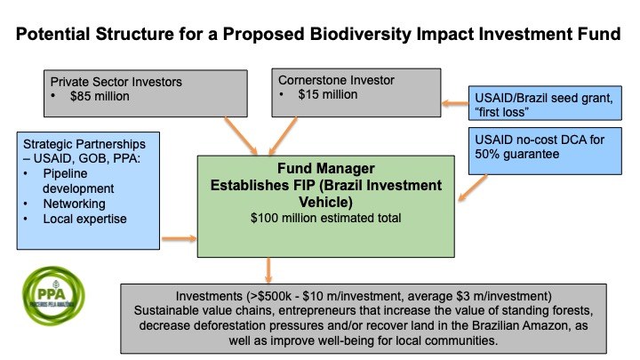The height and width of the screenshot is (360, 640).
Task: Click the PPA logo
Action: pos(53,296)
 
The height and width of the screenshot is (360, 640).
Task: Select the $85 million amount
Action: pos(100,96)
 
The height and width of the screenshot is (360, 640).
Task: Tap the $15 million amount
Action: pos(328,95)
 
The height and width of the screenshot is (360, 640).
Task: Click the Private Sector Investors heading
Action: pos(116,82)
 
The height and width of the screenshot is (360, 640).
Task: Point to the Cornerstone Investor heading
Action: pos(336,80)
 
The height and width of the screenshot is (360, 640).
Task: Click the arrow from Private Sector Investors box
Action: pos(241,136)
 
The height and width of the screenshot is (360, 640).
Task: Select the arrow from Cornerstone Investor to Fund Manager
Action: pos(283,136)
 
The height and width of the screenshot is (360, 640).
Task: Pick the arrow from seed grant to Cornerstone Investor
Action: pos(455,103)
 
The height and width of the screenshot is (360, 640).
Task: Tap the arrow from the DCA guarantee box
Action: pos(473,188)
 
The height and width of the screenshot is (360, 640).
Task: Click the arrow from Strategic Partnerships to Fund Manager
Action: pos(180,238)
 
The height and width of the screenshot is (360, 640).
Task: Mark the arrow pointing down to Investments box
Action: pos(268,270)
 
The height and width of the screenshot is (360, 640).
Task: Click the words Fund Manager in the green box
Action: pos(325,168)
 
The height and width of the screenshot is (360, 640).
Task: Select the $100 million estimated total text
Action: pos(325,218)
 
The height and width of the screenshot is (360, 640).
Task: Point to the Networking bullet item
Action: pos(75,204)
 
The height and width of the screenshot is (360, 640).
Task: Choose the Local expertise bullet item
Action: pos(85,219)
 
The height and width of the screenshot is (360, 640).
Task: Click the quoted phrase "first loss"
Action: pos(501,112)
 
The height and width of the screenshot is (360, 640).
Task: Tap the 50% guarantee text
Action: pos(516,155)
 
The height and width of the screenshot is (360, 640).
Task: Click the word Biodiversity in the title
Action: pos(360,35)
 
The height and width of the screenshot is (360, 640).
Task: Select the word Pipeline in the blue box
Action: pos(65,173)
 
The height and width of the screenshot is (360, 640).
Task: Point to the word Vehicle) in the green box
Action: pos(325,202)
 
